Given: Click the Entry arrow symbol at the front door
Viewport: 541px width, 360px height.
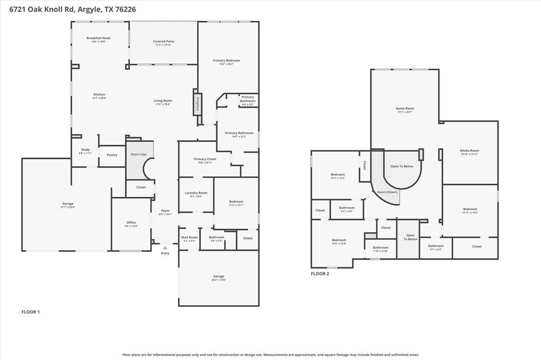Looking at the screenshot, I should (165, 248).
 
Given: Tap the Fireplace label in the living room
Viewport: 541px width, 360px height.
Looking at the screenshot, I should (198, 105).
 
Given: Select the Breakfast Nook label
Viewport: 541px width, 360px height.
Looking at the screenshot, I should (99, 38).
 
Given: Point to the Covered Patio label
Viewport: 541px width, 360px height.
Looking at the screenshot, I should (163, 41).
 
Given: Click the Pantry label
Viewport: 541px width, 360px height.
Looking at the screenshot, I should (112, 155).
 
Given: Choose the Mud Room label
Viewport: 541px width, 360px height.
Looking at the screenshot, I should (190, 238).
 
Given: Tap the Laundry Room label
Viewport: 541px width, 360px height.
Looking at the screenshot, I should (196, 193).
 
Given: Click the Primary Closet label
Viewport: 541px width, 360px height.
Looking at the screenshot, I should (204, 159).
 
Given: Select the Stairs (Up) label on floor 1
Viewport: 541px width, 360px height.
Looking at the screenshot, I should (139, 154).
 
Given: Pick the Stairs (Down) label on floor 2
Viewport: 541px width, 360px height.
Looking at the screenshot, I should (387, 192).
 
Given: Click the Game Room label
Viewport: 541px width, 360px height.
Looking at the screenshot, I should (405, 109).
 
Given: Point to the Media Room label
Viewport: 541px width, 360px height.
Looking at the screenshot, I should (469, 150).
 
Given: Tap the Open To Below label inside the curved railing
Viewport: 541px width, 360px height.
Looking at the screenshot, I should (402, 166).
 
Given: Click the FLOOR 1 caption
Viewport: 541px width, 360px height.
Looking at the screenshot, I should (30, 312).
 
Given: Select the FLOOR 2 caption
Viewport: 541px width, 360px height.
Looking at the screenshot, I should (320, 274).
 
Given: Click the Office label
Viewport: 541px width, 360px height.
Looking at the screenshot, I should (131, 222).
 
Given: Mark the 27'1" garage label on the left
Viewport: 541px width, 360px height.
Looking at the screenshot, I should (68, 204).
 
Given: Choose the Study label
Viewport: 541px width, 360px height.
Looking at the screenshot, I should (85, 150).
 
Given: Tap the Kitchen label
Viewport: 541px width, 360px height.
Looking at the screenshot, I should (99, 94).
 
